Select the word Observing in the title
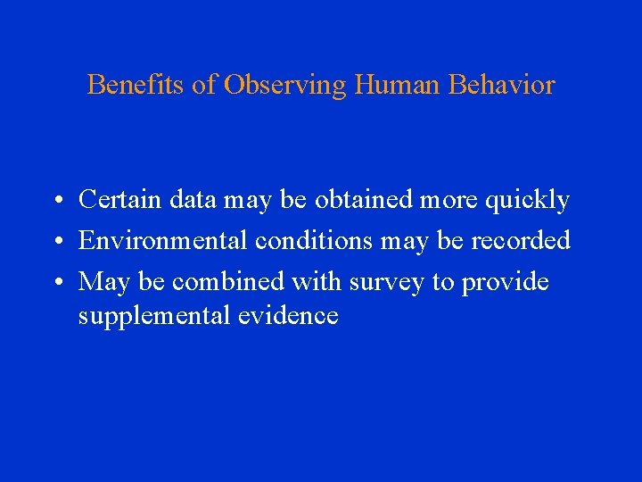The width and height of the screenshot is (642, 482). pyautogui.click(x=285, y=86)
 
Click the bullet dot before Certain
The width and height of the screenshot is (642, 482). pyautogui.click(x=55, y=202)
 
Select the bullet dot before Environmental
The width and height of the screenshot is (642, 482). pyautogui.click(x=55, y=242)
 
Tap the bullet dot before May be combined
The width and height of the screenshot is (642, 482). pyautogui.click(x=55, y=283)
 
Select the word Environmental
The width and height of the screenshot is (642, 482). pyautogui.click(x=163, y=241)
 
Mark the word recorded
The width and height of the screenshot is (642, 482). pyautogui.click(x=521, y=241)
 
